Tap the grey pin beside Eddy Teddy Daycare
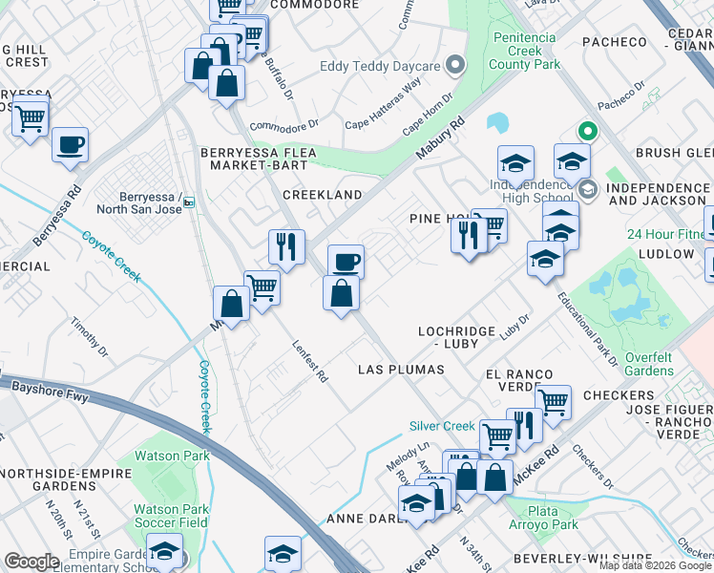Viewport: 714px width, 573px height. [x=456, y=65]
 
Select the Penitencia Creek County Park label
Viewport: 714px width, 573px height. [x=524, y=52]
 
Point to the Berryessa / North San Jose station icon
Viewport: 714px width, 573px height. [x=189, y=202]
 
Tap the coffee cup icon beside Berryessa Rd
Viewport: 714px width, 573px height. [x=70, y=144]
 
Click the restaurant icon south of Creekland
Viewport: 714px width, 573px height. [x=286, y=246]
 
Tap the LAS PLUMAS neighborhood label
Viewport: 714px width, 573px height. [x=401, y=370]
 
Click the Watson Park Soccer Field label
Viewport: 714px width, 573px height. [x=170, y=517]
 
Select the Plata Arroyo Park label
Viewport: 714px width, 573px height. [x=553, y=519]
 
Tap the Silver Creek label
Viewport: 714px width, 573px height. [x=442, y=426]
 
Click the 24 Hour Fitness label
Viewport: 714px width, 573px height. [x=668, y=235]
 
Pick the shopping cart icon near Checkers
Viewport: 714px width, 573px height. [x=553, y=401]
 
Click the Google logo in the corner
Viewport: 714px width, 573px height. [x=31, y=561]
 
